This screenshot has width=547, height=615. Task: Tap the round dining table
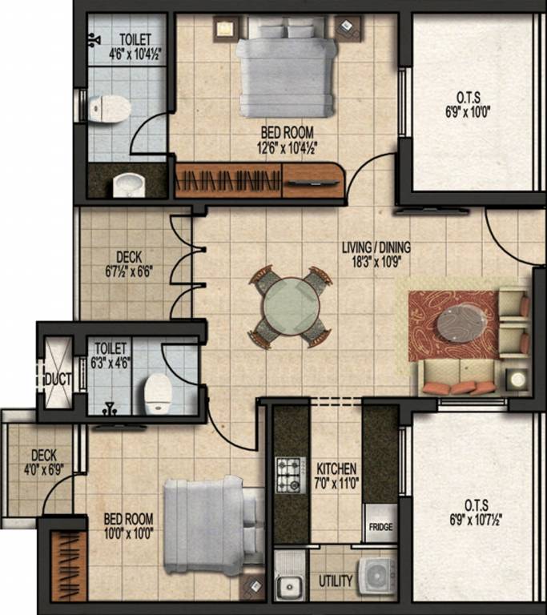click(x=292, y=307)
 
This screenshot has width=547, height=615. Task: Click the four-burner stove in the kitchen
click(x=290, y=474)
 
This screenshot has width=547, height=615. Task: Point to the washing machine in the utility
click(x=376, y=576)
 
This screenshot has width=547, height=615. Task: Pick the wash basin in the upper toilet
click(x=127, y=185)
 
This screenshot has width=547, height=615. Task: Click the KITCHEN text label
click(x=336, y=468)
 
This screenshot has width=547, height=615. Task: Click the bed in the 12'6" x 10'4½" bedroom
click(x=286, y=69)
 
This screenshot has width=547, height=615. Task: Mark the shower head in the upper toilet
click(x=95, y=37)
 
